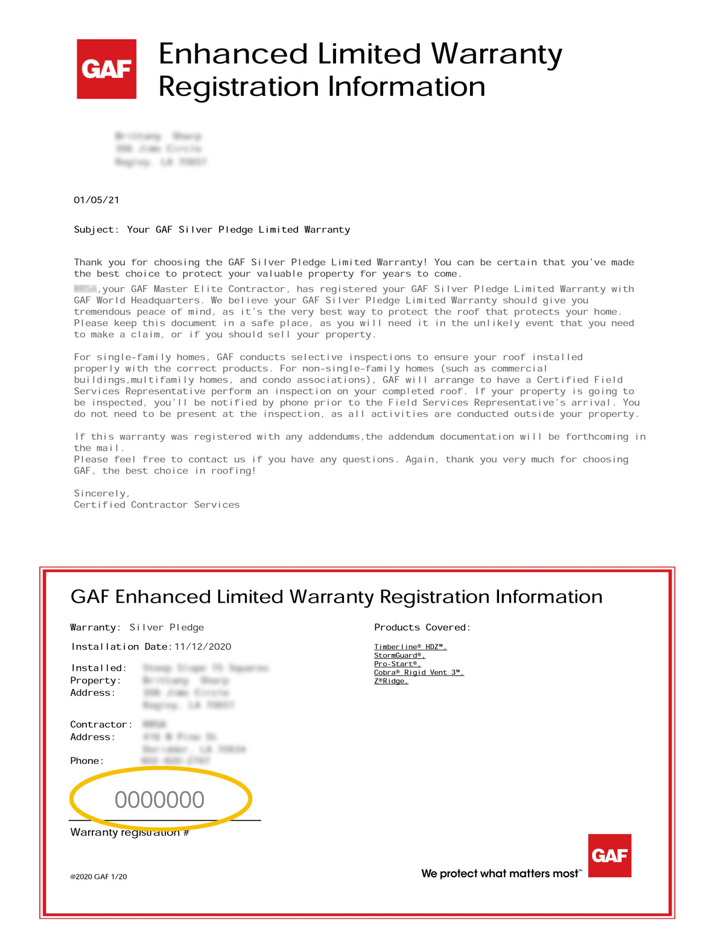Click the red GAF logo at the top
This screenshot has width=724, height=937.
(x=106, y=69)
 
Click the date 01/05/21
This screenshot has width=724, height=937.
(x=97, y=200)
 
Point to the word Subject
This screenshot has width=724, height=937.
(x=94, y=230)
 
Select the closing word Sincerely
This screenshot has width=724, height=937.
(x=101, y=494)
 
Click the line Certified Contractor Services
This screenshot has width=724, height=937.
(x=156, y=505)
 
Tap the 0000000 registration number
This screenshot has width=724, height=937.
(x=160, y=800)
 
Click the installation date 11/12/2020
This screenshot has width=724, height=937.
(x=203, y=647)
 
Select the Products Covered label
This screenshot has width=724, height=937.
(x=422, y=627)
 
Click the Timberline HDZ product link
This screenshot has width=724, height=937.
(x=410, y=647)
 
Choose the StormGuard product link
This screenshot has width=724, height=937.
(x=399, y=655)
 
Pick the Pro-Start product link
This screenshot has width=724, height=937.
(x=397, y=664)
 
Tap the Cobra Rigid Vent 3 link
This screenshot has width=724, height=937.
(x=419, y=672)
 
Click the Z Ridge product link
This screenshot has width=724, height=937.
(x=391, y=681)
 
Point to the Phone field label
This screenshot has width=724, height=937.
(x=87, y=761)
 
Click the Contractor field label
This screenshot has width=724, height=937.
(x=101, y=725)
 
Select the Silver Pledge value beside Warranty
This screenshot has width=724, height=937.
(x=167, y=627)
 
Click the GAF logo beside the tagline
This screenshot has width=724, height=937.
(x=609, y=856)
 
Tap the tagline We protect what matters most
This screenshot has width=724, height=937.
(x=501, y=874)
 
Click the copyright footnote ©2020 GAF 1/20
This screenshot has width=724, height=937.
(x=98, y=877)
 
